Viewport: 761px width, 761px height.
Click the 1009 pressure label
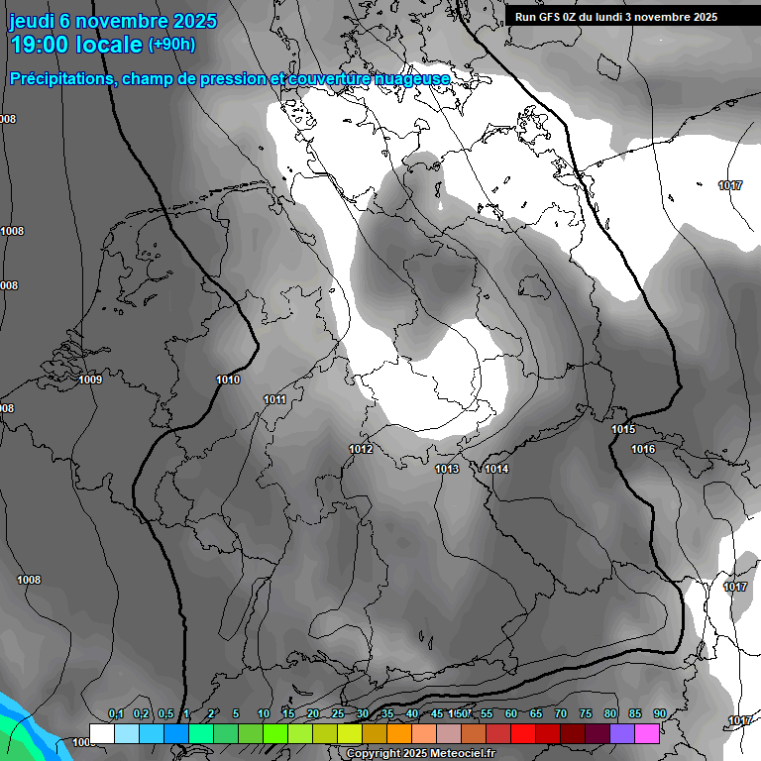90,380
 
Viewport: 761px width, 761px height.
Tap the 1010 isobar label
228,380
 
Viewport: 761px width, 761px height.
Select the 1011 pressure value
275,399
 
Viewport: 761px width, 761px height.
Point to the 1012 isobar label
361,449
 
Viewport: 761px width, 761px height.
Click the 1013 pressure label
447,469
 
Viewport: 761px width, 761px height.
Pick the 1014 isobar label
496,469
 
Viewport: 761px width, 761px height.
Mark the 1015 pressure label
623,429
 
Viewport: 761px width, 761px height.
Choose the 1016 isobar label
643,449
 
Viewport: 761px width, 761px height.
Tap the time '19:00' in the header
43,45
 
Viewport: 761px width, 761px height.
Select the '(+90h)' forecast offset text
171,45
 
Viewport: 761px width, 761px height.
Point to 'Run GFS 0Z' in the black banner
551,17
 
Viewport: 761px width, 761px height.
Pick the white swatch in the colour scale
101,734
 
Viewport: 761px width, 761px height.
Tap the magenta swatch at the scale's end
647,734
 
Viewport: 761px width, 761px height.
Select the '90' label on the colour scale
660,714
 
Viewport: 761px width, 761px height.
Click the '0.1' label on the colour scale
115,714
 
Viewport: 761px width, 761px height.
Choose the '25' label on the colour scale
338,714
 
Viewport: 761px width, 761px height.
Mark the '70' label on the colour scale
561,714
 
